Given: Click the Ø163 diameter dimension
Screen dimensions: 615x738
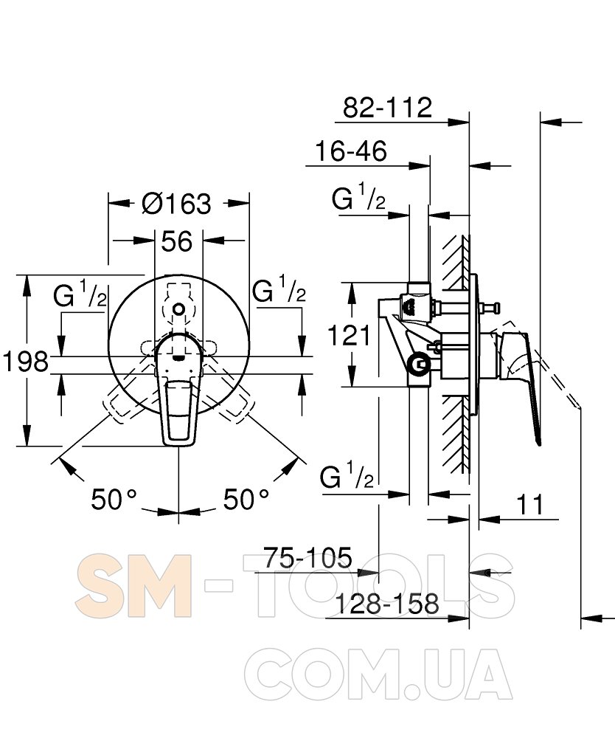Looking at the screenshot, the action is (177, 204).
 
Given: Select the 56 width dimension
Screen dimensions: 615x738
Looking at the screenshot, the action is (177, 241).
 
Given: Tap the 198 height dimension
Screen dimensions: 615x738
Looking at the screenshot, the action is (25, 362).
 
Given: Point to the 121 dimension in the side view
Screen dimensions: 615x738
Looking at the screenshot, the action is (348, 336).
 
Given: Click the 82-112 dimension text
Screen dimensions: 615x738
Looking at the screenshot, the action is (387, 108).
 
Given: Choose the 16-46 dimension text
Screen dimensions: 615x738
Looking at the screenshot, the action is (351, 151).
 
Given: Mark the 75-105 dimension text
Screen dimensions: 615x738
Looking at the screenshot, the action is (307, 558).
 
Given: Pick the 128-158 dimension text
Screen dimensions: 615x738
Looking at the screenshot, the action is (386, 604).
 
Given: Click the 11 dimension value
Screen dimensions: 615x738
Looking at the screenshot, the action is (530, 505).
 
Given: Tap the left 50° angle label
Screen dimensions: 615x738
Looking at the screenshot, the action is (114, 500).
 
